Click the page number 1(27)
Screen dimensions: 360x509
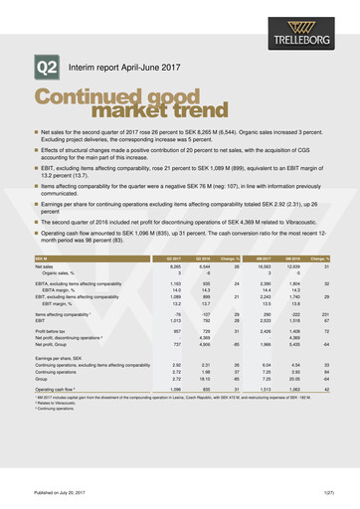click(x=327, y=492)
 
